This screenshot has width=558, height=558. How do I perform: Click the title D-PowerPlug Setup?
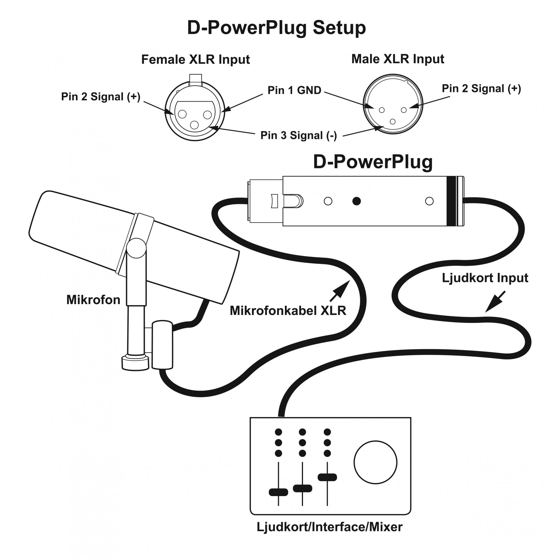coord(276,28)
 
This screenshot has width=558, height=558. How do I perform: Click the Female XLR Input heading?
coord(196,59)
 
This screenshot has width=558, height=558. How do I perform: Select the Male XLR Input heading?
coord(397,59)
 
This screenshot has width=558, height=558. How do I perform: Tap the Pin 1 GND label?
coord(294,90)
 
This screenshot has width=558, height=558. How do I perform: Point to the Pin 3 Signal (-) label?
coord(299,136)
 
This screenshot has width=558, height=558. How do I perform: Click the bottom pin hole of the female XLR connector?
coord(194,125)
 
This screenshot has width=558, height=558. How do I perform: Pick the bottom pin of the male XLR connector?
coord(393,122)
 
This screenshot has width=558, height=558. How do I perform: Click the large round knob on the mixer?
coord(376,462)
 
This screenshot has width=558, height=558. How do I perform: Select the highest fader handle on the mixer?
coord(327,477)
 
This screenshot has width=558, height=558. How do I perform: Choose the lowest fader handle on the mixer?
coord(278,492)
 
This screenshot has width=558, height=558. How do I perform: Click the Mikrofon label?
coord(93,300)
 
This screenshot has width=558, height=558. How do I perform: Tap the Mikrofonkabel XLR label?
coord(288,311)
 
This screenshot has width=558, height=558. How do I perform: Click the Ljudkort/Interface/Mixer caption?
coord(329,527)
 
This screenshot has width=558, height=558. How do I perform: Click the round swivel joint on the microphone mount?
coord(137,248)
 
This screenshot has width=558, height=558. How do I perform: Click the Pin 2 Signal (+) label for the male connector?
coord(482,89)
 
